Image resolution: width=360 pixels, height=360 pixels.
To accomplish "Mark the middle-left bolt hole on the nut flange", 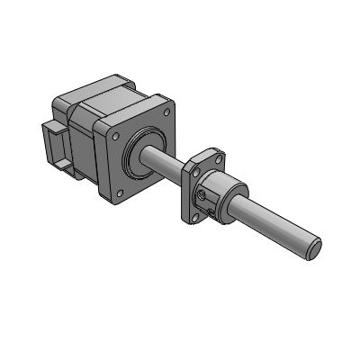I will (x=193, y=166).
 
